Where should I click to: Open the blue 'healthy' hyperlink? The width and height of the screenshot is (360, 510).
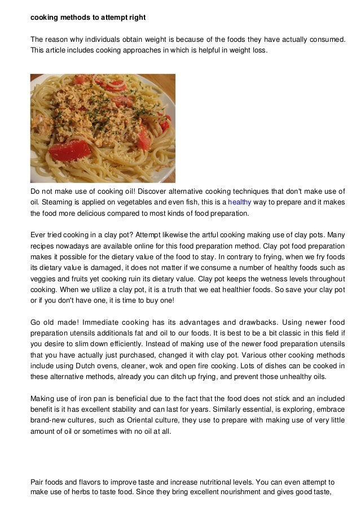point(239,202)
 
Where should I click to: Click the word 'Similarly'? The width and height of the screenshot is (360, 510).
point(216,408)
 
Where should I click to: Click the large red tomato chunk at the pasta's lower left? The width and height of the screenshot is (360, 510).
point(69,150)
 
